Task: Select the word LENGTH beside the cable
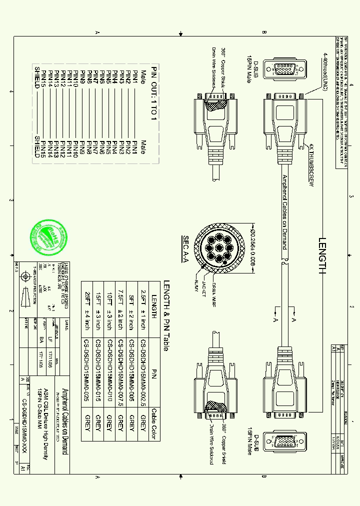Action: [321, 255]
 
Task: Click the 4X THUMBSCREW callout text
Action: [310, 165]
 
